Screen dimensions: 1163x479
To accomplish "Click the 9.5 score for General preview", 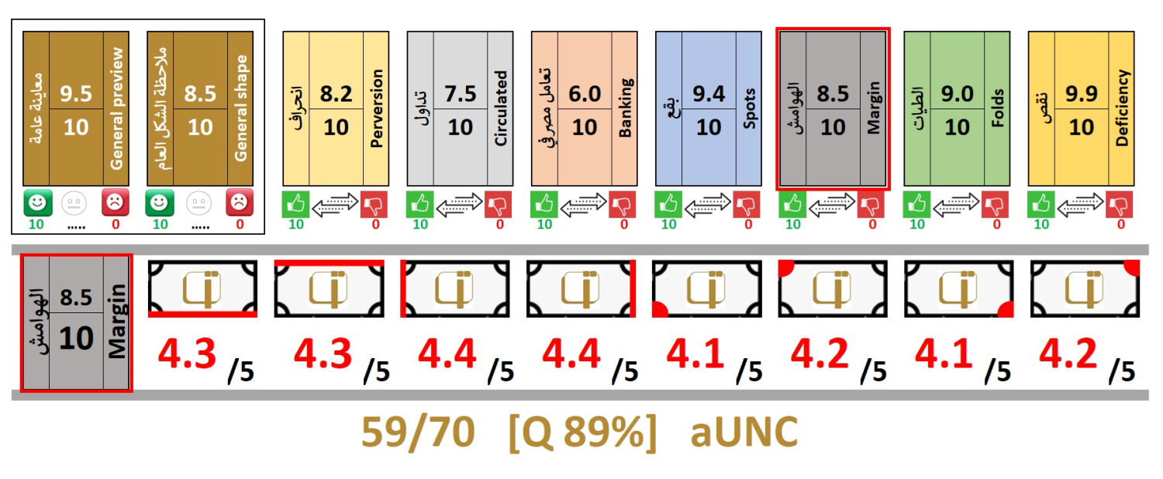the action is (x=76, y=94).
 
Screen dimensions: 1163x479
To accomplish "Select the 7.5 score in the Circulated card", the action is (x=460, y=94).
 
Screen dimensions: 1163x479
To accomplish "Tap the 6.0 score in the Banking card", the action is (x=584, y=94).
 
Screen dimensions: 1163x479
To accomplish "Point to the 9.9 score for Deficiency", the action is (x=1082, y=94).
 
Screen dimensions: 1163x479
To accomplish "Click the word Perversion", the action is (x=376, y=109).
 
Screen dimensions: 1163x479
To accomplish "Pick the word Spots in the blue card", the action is (x=749, y=109).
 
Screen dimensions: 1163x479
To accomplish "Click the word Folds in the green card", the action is (x=997, y=109).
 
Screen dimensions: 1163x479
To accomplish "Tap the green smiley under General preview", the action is (x=38, y=203).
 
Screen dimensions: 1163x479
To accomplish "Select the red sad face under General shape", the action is (x=240, y=202).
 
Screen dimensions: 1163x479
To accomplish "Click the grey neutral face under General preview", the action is (x=74, y=203).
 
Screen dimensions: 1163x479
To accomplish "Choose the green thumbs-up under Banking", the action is (x=544, y=205).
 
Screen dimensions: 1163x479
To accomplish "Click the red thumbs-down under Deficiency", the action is (x=1119, y=205).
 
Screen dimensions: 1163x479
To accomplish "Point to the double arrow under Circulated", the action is (x=460, y=205).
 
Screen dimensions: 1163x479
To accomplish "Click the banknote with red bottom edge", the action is (x=202, y=288).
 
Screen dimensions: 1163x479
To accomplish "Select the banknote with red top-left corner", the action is (x=833, y=288).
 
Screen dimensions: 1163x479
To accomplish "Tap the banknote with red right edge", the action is (x=581, y=288).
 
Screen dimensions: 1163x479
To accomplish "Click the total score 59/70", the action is (x=419, y=432).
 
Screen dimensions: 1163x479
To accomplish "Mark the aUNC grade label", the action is (x=744, y=432).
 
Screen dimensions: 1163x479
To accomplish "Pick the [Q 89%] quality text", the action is (x=582, y=432).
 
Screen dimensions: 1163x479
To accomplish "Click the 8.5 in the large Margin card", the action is (x=76, y=298).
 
